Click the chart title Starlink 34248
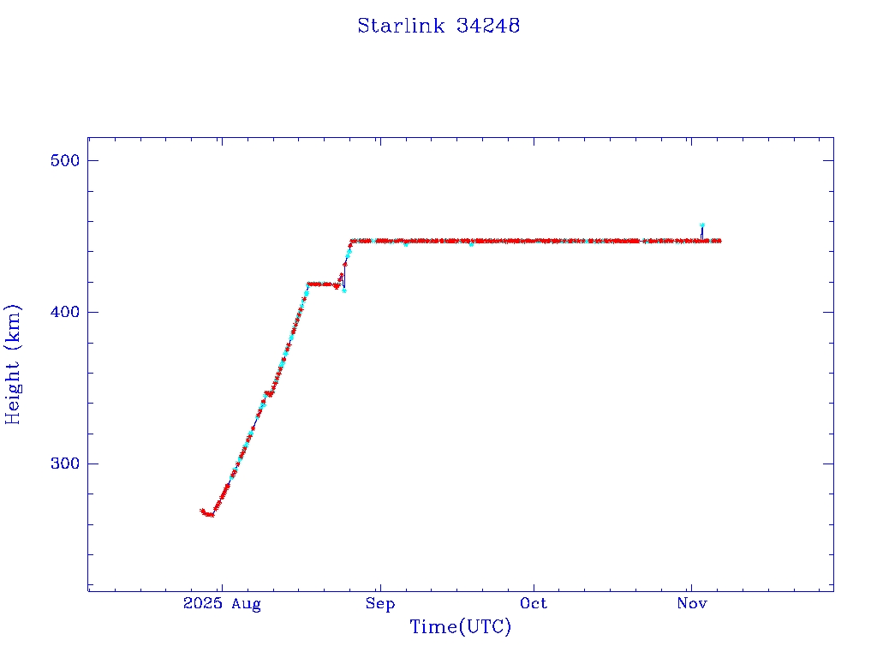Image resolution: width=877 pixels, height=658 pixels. [x=438, y=26]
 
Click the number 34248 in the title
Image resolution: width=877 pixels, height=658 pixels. [x=488, y=26]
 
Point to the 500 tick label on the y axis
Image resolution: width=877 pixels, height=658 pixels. [x=65, y=161]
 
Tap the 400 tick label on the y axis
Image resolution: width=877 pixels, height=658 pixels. [x=65, y=312]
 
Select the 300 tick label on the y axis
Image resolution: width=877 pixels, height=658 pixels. [x=65, y=464]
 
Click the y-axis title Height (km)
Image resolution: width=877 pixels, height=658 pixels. [x=13, y=364]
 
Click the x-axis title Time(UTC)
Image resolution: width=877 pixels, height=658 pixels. [x=460, y=627]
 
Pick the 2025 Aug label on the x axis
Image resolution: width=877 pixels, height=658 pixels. [x=222, y=604]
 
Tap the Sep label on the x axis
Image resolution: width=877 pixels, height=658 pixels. [x=379, y=604]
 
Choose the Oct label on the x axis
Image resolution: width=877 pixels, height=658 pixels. [x=534, y=604]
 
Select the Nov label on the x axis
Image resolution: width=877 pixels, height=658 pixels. [x=691, y=604]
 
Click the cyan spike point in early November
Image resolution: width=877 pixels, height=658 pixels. [x=702, y=225]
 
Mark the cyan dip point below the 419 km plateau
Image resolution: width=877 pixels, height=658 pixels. [x=344, y=290]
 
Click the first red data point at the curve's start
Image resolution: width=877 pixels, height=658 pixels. [x=202, y=511]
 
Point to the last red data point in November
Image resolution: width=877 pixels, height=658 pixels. [x=719, y=241]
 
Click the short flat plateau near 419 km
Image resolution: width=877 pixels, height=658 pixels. [x=321, y=284]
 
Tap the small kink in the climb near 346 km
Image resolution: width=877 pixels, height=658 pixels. [x=269, y=394]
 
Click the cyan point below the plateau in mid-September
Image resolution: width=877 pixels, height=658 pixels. [x=471, y=245]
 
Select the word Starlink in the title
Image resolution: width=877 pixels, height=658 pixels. [x=401, y=26]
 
